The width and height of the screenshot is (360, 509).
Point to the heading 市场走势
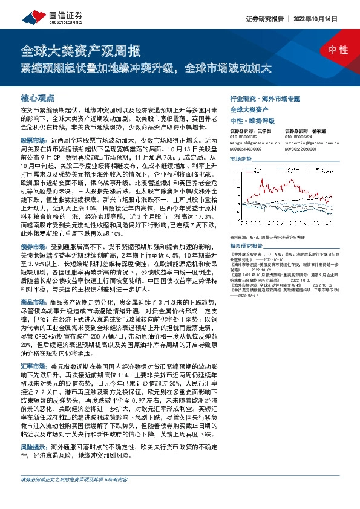click(x=241, y=158)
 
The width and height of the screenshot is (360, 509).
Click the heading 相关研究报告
click(x=247, y=245)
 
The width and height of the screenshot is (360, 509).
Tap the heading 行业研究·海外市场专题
click(x=264, y=97)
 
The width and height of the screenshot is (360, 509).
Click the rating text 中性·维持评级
click(x=252, y=120)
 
